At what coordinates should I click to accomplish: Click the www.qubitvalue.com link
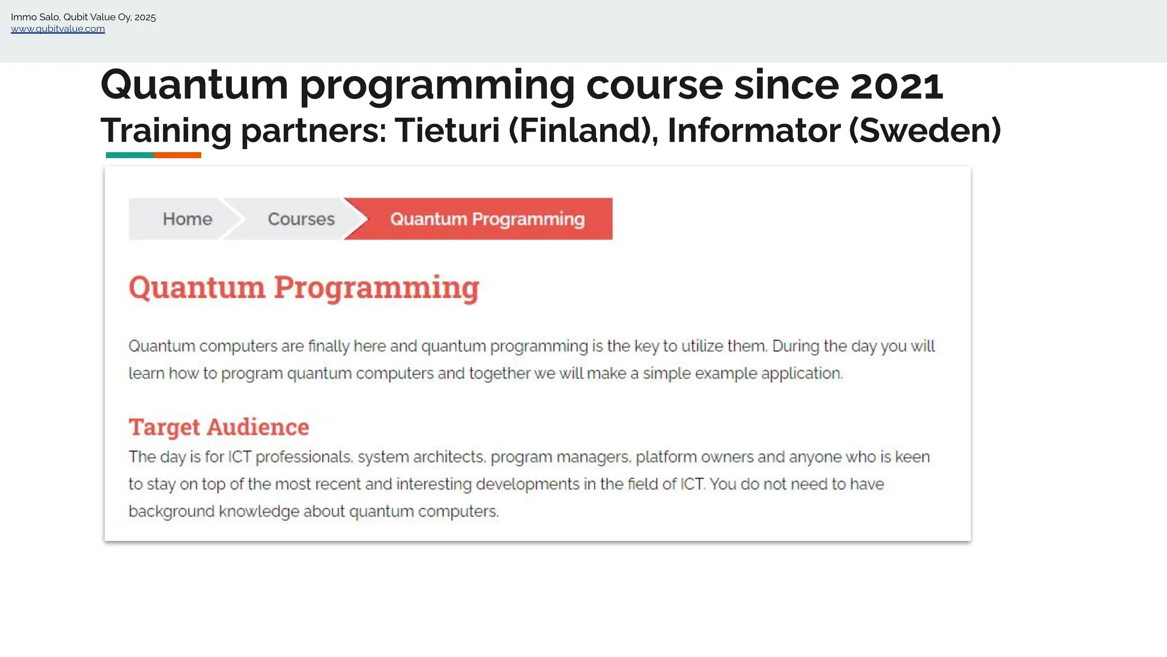click(58, 29)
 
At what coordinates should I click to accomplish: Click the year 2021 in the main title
click(896, 85)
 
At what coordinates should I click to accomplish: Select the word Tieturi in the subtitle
click(447, 131)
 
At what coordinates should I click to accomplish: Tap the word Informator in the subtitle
click(753, 131)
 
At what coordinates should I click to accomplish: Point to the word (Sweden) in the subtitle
click(925, 131)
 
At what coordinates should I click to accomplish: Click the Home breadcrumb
click(187, 219)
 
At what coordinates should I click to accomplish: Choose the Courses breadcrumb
click(301, 219)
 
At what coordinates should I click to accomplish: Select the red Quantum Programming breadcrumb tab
click(487, 219)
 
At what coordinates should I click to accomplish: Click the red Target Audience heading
click(219, 427)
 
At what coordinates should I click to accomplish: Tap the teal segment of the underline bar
click(129, 155)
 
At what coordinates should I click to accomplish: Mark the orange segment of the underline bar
click(177, 155)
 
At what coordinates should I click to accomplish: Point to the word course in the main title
click(654, 85)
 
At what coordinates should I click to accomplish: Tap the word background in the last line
click(172, 511)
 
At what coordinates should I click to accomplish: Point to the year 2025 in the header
click(145, 17)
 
